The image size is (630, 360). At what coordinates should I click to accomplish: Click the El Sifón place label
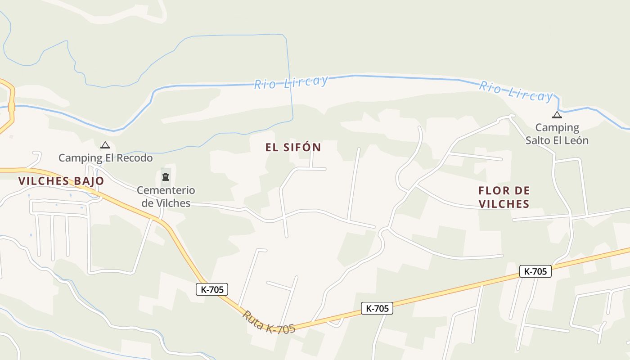(x=293, y=147)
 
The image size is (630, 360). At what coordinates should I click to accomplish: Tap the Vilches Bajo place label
(x=61, y=181)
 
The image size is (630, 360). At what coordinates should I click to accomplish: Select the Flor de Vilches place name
(x=504, y=197)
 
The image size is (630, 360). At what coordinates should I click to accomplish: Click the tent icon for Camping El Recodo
(x=105, y=145)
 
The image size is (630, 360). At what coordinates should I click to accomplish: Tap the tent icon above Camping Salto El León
(x=557, y=114)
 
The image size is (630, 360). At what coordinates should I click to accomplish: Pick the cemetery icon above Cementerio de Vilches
(x=166, y=176)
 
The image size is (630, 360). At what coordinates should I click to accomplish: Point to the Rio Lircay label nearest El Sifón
(x=291, y=82)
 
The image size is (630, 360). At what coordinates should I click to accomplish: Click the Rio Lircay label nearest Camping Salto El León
(x=516, y=91)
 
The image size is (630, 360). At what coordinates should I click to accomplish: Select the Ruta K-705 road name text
(x=269, y=322)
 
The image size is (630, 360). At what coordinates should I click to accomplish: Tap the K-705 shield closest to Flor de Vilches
(x=535, y=271)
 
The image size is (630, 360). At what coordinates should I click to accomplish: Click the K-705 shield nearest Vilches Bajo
(x=212, y=289)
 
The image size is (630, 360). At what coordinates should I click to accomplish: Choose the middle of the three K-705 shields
(x=377, y=308)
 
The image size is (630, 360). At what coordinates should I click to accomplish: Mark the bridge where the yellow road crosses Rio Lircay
(x=12, y=107)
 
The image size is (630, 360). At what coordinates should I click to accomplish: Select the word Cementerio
(x=166, y=190)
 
